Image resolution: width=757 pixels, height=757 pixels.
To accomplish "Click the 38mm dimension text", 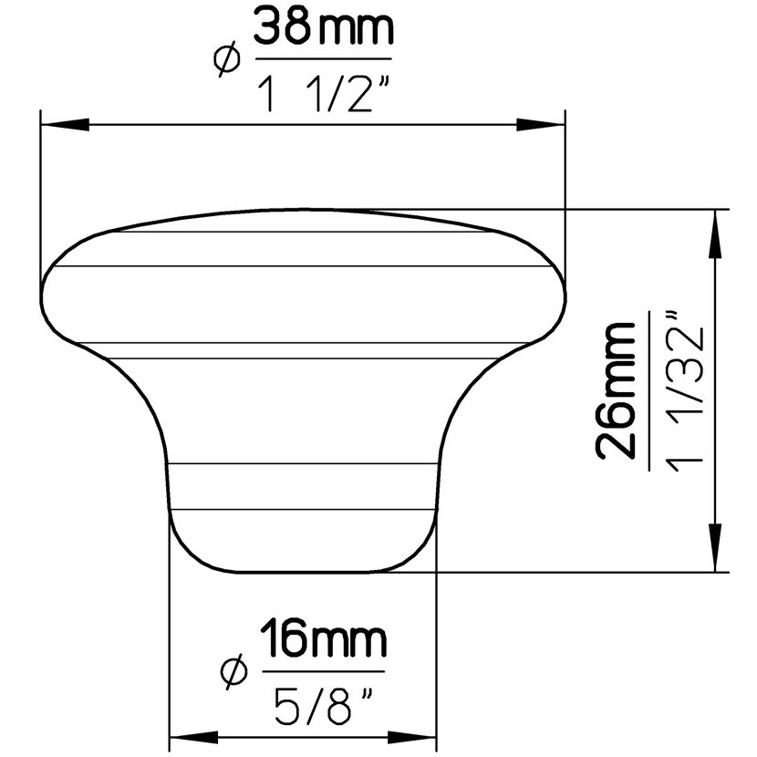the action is (x=324, y=27).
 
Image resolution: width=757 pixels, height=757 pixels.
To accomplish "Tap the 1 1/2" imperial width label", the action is (x=322, y=95).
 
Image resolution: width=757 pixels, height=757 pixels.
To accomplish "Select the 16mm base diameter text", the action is (x=324, y=639).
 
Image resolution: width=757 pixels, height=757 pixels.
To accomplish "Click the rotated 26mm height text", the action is (x=616, y=390).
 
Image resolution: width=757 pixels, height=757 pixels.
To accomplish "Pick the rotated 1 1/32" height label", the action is (x=683, y=391).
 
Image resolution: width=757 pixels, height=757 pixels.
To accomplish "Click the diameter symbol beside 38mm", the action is (x=226, y=59).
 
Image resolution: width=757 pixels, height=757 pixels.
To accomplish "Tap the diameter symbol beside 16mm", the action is (x=234, y=671).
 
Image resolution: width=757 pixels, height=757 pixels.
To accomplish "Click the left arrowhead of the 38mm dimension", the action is (x=65, y=124).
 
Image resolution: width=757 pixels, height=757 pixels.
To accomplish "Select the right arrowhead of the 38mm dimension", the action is (x=541, y=124).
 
